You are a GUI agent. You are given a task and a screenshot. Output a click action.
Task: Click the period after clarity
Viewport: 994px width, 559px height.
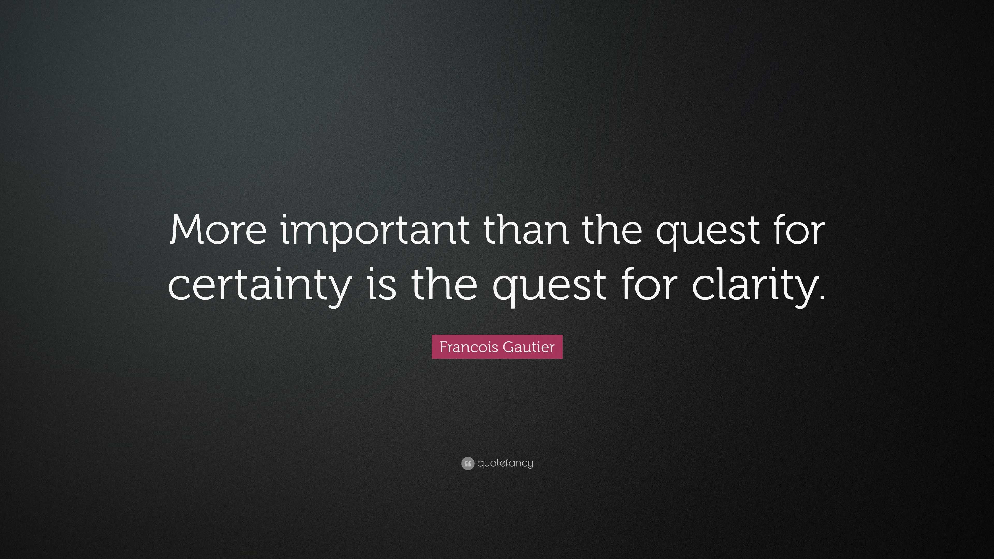(x=821, y=297)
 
